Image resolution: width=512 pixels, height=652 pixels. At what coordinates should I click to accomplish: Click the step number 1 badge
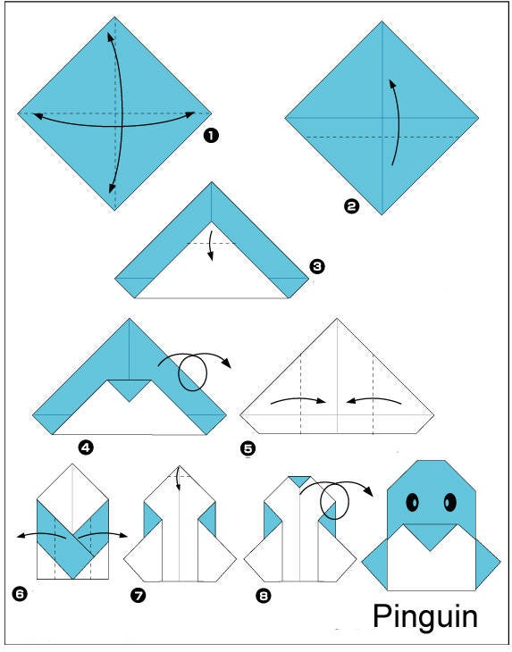(211, 136)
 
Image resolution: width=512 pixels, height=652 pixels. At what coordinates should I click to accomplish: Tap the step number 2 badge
(351, 206)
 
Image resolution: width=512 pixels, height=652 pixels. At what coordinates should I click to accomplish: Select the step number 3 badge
(317, 266)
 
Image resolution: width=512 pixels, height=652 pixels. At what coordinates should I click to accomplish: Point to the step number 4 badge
(86, 447)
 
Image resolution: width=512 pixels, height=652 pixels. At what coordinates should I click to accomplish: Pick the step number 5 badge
(248, 448)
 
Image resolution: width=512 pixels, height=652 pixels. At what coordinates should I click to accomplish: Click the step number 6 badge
(20, 594)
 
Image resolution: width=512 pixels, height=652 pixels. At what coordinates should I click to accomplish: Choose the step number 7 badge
(138, 596)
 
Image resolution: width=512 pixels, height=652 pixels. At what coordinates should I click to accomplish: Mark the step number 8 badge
(264, 596)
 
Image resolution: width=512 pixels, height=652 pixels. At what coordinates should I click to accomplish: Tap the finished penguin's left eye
(412, 502)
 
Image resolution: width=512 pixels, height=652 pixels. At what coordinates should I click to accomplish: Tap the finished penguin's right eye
(449, 502)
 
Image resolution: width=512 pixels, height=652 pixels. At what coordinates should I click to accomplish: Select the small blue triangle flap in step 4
(130, 389)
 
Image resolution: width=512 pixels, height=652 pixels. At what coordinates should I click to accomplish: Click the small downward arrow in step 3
(211, 247)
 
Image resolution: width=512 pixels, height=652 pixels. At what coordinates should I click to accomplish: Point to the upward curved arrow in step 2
(399, 121)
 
